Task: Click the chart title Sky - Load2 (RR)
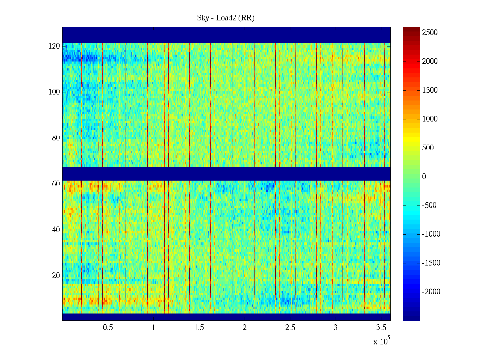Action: pyautogui.click(x=226, y=18)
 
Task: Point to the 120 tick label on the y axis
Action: pyautogui.click(x=54, y=46)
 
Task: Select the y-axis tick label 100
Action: pyautogui.click(x=54, y=92)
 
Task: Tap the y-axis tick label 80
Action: pyautogui.click(x=56, y=138)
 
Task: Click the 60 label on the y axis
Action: pyautogui.click(x=56, y=184)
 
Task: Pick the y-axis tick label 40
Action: pyautogui.click(x=56, y=230)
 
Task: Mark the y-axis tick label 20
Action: pyautogui.click(x=56, y=276)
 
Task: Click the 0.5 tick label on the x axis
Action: pyautogui.click(x=108, y=328)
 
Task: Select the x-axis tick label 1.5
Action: pyautogui.click(x=199, y=328)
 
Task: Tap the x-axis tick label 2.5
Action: pyautogui.click(x=290, y=328)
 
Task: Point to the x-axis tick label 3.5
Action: pyautogui.click(x=381, y=328)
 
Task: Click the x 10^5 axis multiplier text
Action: pyautogui.click(x=381, y=341)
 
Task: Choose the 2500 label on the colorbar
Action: pyautogui.click(x=430, y=33)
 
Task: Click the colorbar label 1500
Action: pyautogui.click(x=430, y=90)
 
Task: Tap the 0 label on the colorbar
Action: pyautogui.click(x=424, y=177)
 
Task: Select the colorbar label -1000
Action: pyautogui.click(x=431, y=234)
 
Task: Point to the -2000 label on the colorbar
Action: pyautogui.click(x=431, y=292)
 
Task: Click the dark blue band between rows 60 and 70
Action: pyautogui.click(x=226, y=174)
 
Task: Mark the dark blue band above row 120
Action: pyautogui.click(x=226, y=35)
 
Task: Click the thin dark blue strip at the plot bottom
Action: pyautogui.click(x=226, y=317)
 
